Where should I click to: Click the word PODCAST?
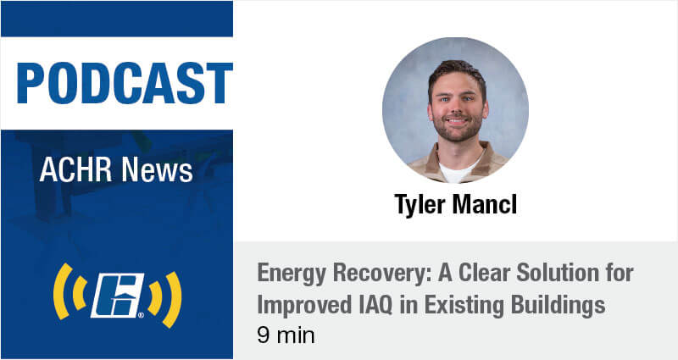(x=125, y=83)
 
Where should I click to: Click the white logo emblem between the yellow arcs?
(x=118, y=295)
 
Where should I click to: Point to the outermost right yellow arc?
(x=173, y=299)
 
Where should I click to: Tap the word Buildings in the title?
(x=558, y=306)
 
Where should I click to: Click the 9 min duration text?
(x=286, y=335)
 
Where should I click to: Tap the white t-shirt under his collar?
(x=457, y=170)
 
